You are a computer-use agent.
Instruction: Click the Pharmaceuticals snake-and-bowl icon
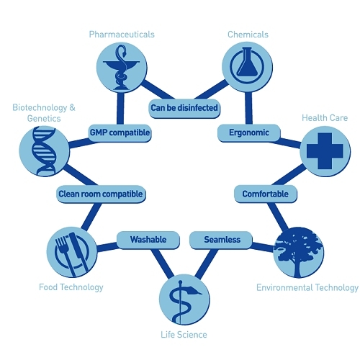(122, 68)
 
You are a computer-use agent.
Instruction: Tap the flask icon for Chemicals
(247, 67)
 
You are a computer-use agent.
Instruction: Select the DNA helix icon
(45, 151)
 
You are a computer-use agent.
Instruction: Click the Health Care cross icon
(325, 151)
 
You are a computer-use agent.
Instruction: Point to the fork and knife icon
(72, 252)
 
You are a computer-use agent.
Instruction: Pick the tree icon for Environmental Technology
(299, 252)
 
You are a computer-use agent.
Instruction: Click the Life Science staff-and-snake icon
(184, 300)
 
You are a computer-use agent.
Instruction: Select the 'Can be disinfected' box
(184, 108)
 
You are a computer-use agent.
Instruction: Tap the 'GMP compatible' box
(120, 133)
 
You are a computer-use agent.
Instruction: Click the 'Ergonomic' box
(249, 133)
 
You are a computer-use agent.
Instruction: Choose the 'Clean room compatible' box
(101, 194)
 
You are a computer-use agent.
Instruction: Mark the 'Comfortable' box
(266, 194)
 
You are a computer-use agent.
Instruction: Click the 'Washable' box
(148, 240)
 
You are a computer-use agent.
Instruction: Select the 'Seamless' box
(221, 240)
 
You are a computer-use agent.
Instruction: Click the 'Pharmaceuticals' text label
(122, 35)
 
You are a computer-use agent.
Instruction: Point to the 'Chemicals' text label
(248, 35)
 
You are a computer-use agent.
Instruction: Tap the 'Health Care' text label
(325, 118)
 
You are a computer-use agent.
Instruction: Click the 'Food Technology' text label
(71, 287)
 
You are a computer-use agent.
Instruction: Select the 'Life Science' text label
(184, 335)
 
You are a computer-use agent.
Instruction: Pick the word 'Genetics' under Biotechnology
(44, 119)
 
